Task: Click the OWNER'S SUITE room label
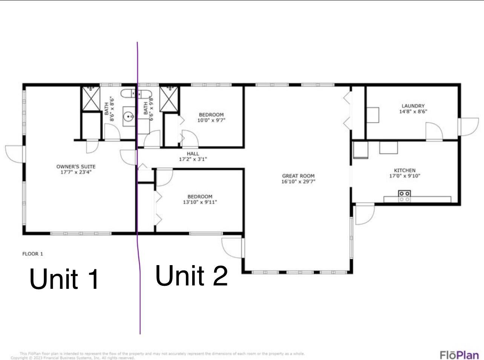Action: (x=76, y=166)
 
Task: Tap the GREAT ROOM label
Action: (x=298, y=176)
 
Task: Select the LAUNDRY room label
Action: (x=413, y=106)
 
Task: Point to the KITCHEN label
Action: (x=404, y=170)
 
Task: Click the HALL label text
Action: (x=193, y=154)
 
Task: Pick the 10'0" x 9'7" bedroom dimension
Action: (x=211, y=121)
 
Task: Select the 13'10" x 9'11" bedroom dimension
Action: (x=200, y=202)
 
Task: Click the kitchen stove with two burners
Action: (x=404, y=196)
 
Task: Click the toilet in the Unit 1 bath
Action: (x=127, y=93)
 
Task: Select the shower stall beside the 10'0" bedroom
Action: (x=169, y=99)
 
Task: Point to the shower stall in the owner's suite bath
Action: (x=91, y=99)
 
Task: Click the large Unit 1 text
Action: (x=64, y=279)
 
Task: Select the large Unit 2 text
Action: (x=191, y=276)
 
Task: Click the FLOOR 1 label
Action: (x=32, y=254)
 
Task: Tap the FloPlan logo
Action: (x=459, y=355)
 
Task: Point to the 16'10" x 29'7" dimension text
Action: (x=298, y=182)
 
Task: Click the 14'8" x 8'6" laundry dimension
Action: (x=413, y=111)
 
